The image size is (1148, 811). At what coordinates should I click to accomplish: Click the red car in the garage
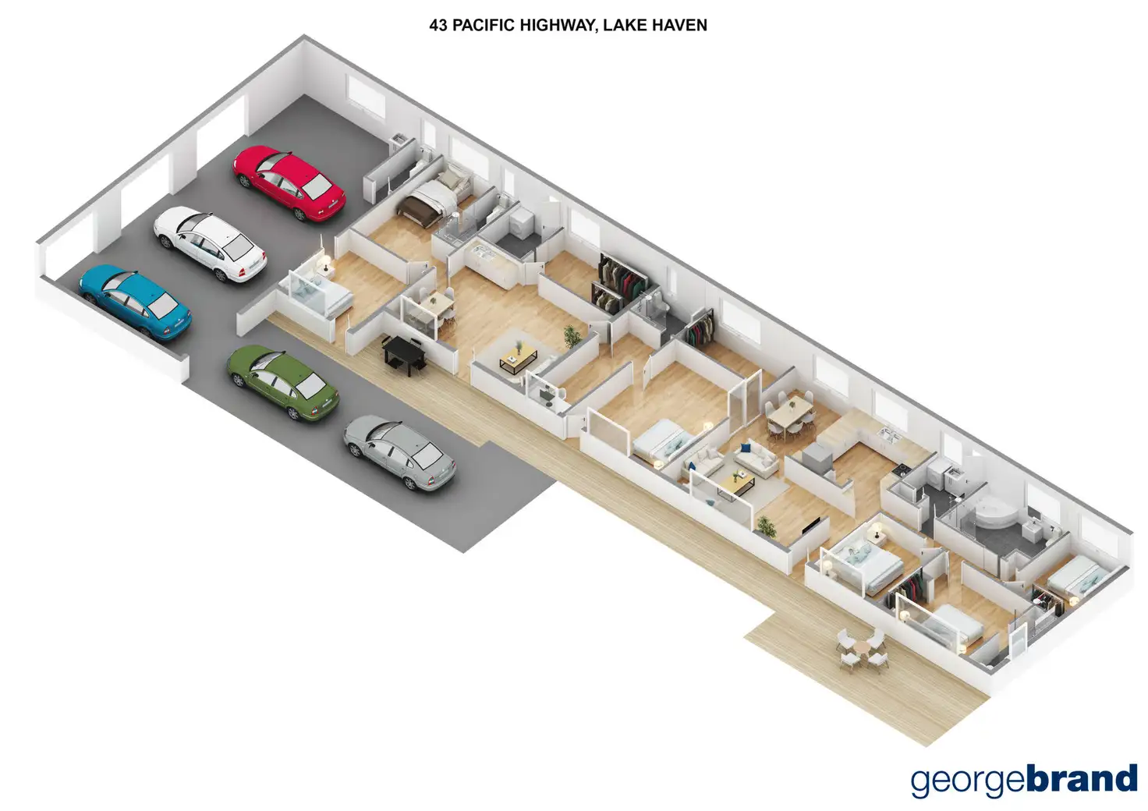click(x=289, y=183)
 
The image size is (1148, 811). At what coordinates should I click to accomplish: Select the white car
click(x=210, y=243)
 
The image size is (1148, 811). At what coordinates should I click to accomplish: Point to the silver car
click(x=399, y=452)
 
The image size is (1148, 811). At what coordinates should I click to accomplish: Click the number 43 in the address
click(x=438, y=25)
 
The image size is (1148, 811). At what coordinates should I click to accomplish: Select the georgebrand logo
click(x=1024, y=781)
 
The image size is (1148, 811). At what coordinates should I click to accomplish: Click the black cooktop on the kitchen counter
click(x=902, y=469)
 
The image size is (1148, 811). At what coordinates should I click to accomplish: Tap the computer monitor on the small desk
click(x=544, y=395)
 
